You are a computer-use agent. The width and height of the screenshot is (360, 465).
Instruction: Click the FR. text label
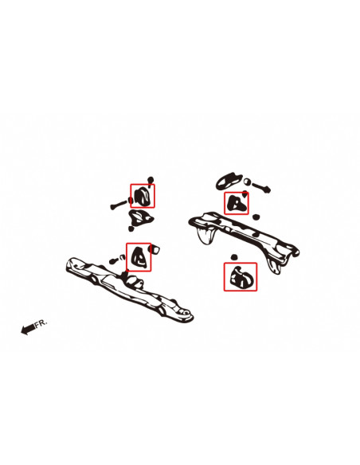pos(41,323)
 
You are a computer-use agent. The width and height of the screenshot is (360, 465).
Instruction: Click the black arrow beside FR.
pos(28,329)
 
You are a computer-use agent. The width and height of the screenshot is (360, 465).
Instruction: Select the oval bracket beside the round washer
pos(227,181)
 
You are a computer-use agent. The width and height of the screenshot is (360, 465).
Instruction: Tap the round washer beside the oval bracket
pos(247,182)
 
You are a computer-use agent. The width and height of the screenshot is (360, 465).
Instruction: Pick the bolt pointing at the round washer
pos(261,187)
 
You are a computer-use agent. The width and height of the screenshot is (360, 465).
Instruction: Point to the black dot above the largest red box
pos(234,257)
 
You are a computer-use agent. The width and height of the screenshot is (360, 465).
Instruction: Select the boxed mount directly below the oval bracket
pos(236,203)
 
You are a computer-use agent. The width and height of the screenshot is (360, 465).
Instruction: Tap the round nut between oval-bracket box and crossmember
pos(256,217)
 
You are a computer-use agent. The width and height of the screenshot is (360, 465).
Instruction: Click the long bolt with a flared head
pos(119,204)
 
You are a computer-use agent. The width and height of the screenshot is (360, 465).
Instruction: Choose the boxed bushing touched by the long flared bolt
pos(143,196)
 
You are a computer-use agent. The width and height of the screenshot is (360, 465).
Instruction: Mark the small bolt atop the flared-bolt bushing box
pos(151,181)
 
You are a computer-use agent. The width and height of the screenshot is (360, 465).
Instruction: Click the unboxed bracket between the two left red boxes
pos(140,217)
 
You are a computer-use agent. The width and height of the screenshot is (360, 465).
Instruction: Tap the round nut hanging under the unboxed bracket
pos(131,229)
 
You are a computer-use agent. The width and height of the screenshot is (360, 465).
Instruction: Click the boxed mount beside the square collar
pos(139,256)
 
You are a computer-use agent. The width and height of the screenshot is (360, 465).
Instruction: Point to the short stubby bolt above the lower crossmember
pos(117,260)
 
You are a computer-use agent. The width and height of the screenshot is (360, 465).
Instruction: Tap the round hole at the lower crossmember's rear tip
pos(186,312)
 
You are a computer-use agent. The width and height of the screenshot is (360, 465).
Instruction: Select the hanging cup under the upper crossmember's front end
pos(206,236)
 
